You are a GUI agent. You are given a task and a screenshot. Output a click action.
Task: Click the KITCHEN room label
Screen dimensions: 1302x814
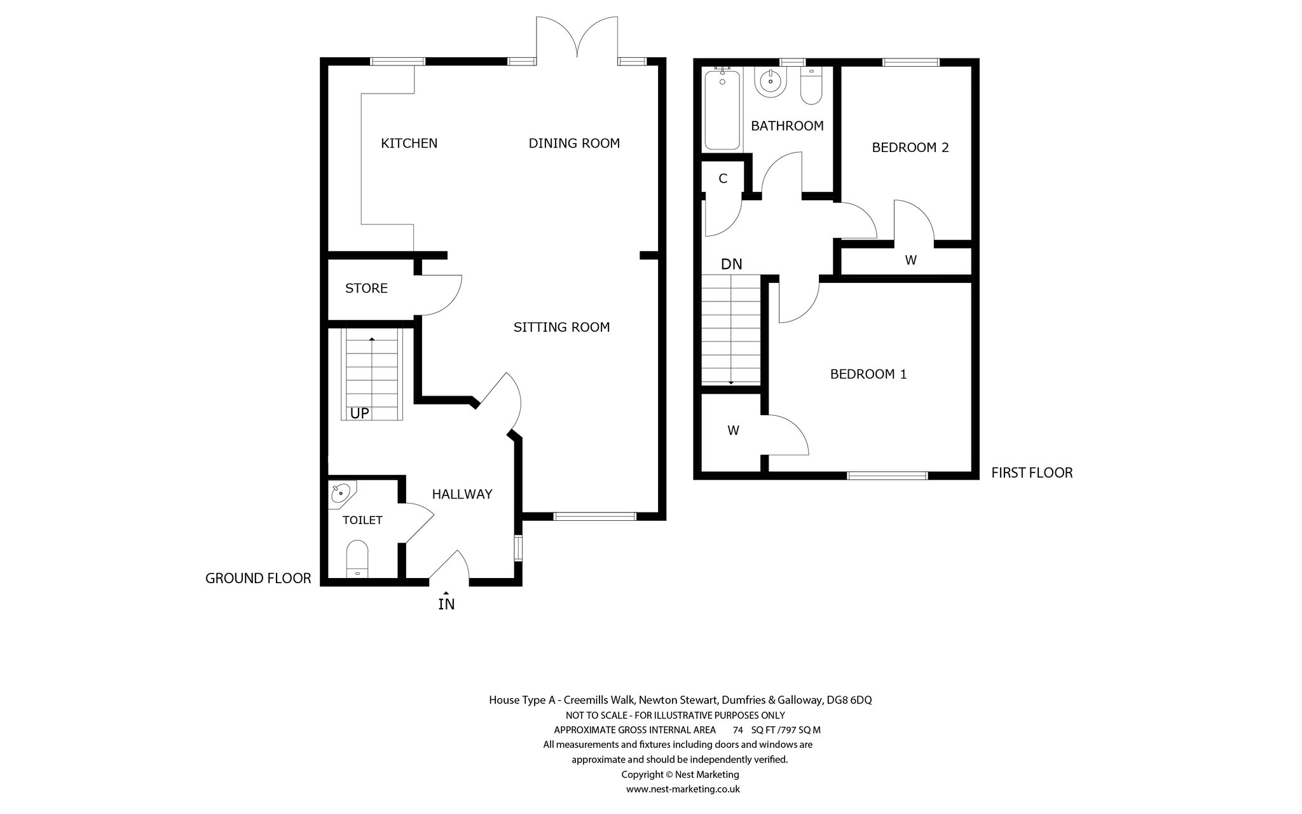(409, 143)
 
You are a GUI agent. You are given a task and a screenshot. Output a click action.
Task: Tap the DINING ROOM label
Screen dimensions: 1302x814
(574, 143)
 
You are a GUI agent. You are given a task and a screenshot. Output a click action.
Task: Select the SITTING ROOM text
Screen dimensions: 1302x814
(561, 327)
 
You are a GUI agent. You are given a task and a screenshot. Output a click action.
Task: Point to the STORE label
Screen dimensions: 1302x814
(366, 288)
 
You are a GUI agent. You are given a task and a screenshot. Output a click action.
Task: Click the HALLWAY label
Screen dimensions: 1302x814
(462, 494)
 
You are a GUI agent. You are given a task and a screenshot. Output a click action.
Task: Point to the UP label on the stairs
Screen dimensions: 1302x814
(360, 413)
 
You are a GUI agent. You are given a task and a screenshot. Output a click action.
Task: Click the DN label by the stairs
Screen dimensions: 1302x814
(732, 264)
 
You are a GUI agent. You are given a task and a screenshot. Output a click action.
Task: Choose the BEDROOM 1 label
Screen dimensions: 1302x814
(868, 374)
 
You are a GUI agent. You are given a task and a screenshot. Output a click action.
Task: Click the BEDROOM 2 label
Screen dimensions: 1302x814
(910, 148)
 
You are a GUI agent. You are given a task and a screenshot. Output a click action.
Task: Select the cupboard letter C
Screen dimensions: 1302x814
(723, 179)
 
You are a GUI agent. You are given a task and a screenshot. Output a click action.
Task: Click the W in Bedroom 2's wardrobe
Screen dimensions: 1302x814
(910, 260)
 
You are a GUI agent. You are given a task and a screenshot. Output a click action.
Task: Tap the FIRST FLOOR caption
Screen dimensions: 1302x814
(1032, 473)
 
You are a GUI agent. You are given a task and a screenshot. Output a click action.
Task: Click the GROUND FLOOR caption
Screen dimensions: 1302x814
(258, 578)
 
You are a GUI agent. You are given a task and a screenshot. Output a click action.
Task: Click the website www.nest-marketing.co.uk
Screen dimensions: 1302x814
(683, 789)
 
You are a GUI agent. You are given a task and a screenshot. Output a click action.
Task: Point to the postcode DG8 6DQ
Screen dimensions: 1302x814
(849, 700)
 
